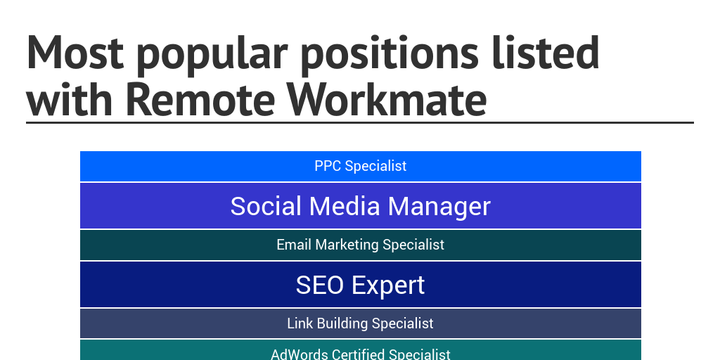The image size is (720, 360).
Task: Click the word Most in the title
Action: pos(74,54)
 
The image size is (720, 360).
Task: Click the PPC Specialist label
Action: pos(361,167)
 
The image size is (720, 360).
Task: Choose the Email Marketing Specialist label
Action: pos(361,245)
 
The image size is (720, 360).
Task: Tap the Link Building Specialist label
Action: pos(361,323)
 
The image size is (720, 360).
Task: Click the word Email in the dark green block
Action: pos(294,245)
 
